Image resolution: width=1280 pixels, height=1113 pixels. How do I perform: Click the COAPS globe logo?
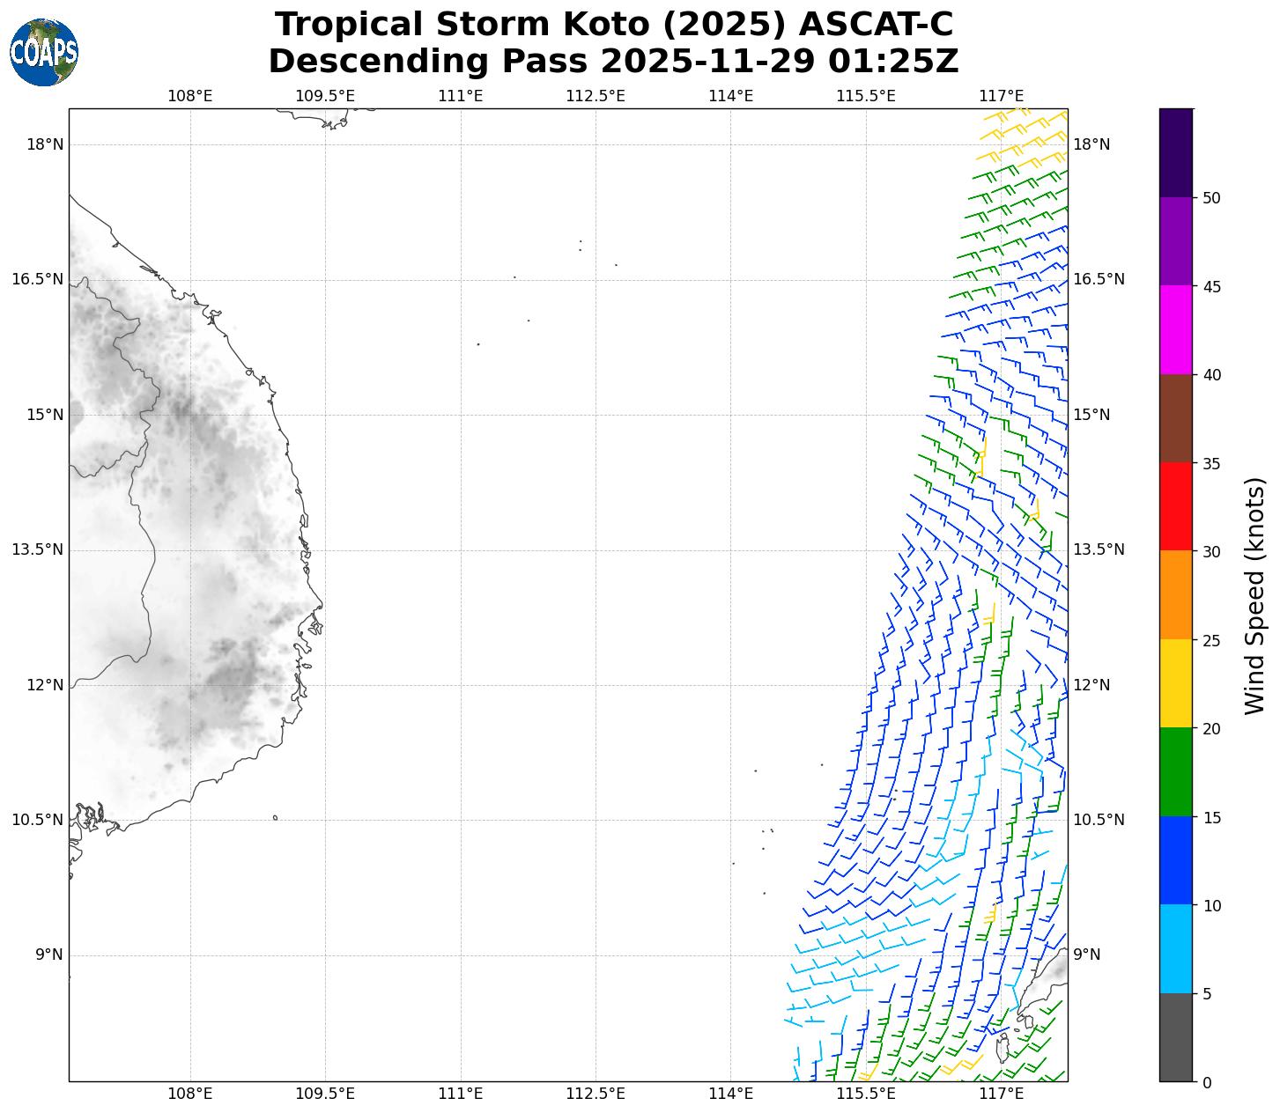(x=44, y=52)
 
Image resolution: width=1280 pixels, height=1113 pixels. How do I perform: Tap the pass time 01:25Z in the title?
(x=894, y=62)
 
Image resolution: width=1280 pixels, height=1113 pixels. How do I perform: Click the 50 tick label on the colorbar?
(x=1211, y=198)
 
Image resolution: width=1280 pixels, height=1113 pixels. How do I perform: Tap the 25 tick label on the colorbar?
(x=1211, y=640)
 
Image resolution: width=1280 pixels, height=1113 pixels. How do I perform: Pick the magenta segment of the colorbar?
(x=1175, y=329)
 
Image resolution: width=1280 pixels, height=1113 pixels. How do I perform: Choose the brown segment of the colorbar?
(x=1175, y=418)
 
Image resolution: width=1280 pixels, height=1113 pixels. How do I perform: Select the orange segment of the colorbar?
(x=1175, y=595)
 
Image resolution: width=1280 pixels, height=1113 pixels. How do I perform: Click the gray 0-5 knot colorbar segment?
(x=1175, y=1037)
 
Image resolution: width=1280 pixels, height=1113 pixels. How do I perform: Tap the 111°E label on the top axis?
(x=460, y=95)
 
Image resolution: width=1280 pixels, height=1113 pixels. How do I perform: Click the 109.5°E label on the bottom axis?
(x=325, y=1094)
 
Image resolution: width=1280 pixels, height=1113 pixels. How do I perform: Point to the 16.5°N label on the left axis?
(x=37, y=280)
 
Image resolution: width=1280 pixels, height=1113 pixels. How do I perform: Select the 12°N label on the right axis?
(x=1092, y=685)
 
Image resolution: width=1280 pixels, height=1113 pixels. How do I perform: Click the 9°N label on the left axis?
(x=49, y=955)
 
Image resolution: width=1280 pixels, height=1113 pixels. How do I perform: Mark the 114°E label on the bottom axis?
(x=730, y=1094)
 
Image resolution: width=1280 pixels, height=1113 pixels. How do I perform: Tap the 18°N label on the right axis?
(x=1092, y=144)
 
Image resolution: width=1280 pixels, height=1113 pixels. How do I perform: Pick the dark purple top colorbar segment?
(x=1175, y=152)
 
